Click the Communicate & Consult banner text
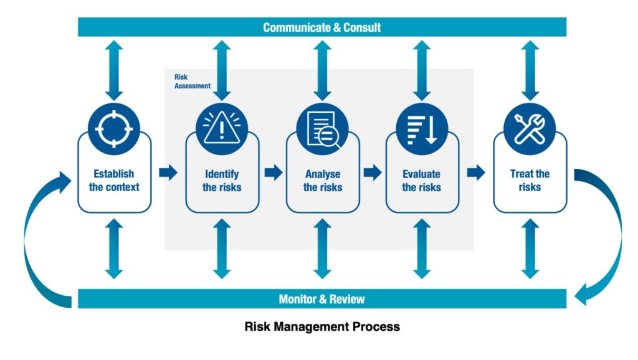tap(321, 27)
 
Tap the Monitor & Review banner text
tap(321, 299)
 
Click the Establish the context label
tap(114, 181)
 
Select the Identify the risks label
tap(222, 181)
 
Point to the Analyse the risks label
tap(322, 181)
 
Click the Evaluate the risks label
tap(422, 181)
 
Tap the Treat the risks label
tap(530, 181)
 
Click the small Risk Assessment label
tap(191, 82)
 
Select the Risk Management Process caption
tap(321, 326)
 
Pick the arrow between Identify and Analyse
tap(273, 173)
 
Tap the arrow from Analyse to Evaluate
tap(373, 173)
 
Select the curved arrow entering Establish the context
tap(37, 237)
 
